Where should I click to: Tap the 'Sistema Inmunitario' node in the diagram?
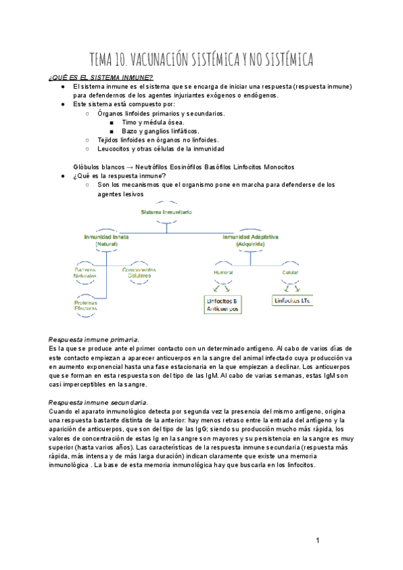coord(167,212)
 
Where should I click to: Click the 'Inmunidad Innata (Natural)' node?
coord(107,241)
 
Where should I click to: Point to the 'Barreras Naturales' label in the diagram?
coord(86,273)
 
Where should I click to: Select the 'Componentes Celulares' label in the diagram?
coord(140,273)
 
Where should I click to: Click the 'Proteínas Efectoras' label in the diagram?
coord(86,305)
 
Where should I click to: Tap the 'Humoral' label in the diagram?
coord(223,273)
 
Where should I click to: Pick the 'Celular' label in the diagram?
coord(290,273)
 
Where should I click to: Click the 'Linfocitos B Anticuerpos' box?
coord(224,304)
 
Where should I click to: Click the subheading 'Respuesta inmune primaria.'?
coord(94,339)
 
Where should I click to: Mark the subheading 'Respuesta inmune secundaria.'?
coord(99,402)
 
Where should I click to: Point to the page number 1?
coord(317,540)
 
